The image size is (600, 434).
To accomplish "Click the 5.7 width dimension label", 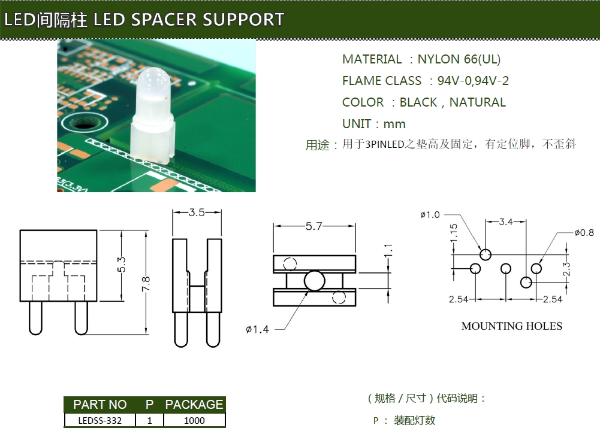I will [x=314, y=226].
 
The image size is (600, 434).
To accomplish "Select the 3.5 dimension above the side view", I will [x=197, y=213].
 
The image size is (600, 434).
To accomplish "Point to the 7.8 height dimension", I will [x=146, y=281].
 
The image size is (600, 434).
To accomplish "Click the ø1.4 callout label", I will [x=257, y=329].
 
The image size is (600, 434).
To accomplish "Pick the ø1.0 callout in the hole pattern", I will [x=430, y=215].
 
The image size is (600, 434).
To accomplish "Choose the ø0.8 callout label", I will [x=584, y=233].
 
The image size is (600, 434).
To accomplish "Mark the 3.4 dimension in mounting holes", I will [x=506, y=222].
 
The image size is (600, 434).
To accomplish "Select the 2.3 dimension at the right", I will [x=568, y=269].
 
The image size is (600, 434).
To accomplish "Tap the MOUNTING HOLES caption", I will [x=512, y=326].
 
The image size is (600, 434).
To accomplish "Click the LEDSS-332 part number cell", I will [x=100, y=420].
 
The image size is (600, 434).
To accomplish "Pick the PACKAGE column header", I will [x=194, y=405].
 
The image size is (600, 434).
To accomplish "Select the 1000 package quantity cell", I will [x=194, y=420].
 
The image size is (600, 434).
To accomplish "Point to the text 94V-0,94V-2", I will [x=473, y=81].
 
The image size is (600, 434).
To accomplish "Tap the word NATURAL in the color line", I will [x=478, y=102].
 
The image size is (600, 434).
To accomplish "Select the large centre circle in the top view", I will [x=315, y=280].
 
